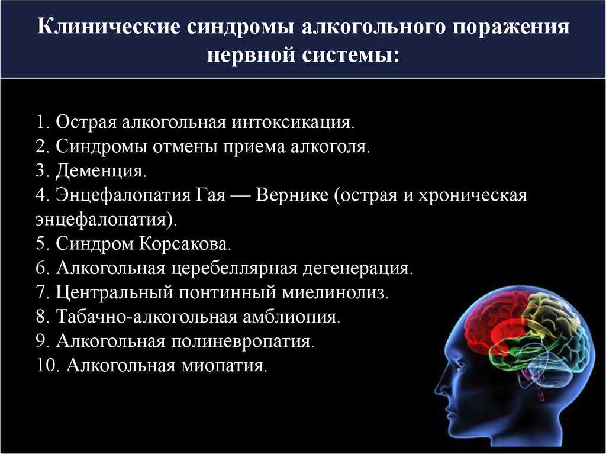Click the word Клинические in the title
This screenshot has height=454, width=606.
[109, 27]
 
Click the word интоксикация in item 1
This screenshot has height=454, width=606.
[293, 123]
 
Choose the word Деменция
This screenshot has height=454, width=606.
[101, 171]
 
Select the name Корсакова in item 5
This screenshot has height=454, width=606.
[185, 244]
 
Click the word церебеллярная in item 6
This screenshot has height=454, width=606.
[234, 268]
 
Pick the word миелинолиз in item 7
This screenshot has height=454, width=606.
[335, 292]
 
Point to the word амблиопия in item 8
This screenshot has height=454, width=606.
[291, 317]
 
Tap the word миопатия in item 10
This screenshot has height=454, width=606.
[224, 365]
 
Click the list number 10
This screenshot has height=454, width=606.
[48, 365]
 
